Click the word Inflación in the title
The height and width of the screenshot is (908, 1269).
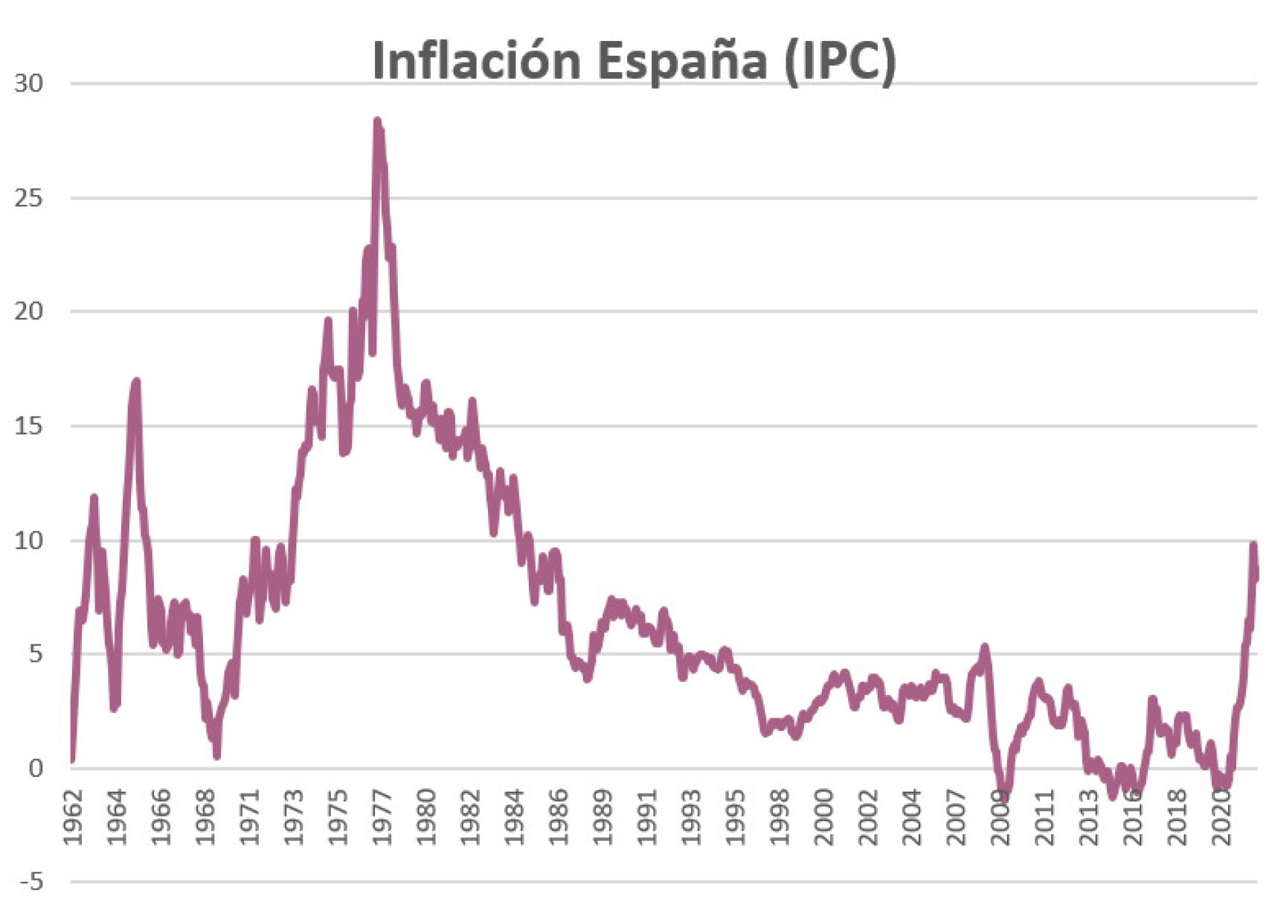[476, 61]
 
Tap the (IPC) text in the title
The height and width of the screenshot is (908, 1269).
[840, 61]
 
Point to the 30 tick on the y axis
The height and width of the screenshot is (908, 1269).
[29, 83]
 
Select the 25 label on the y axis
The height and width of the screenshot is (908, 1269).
[29, 198]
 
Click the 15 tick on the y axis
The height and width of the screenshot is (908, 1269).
[29, 426]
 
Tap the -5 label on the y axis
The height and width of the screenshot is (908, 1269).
[30, 883]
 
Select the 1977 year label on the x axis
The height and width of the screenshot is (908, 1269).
[382, 817]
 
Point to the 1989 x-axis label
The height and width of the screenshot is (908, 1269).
[603, 817]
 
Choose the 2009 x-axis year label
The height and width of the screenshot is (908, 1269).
[1000, 817]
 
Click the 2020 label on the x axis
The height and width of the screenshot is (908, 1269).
[1221, 817]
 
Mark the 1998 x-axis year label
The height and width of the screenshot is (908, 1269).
[780, 817]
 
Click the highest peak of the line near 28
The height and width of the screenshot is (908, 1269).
[377, 121]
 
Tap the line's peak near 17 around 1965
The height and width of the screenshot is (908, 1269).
[136, 382]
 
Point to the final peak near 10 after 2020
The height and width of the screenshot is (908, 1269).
[1253, 546]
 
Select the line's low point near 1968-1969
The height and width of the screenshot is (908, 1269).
[216, 755]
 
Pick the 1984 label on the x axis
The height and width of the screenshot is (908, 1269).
[514, 817]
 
